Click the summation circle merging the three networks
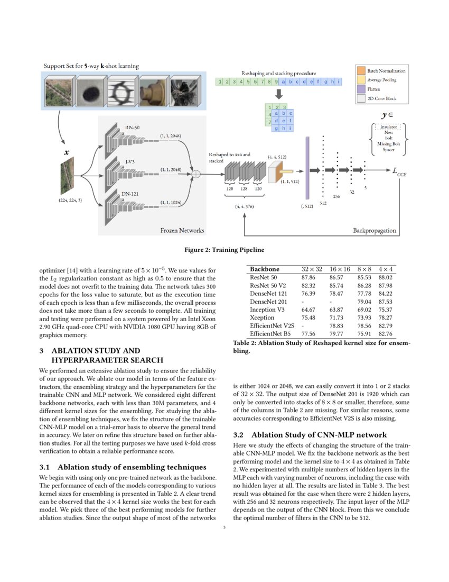[196, 172]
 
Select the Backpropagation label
[374, 230]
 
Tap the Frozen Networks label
[183, 230]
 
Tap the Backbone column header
[265, 269]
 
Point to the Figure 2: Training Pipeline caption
[224, 249]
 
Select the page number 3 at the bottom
[224, 526]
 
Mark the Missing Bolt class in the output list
[388, 143]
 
